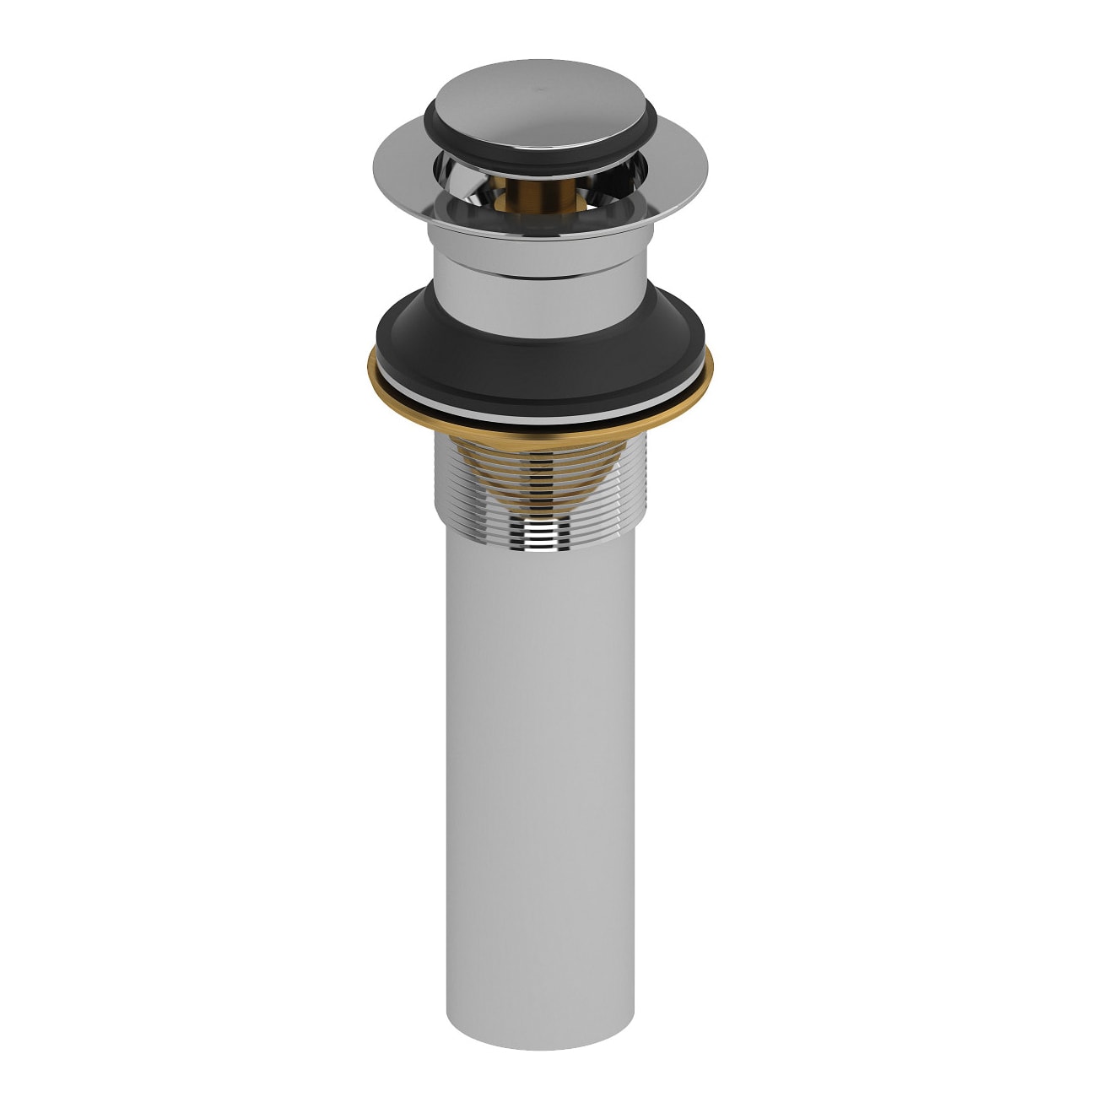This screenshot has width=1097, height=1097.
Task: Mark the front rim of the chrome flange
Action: [532, 224]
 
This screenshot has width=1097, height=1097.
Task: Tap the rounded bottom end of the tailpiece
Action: [540, 1042]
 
